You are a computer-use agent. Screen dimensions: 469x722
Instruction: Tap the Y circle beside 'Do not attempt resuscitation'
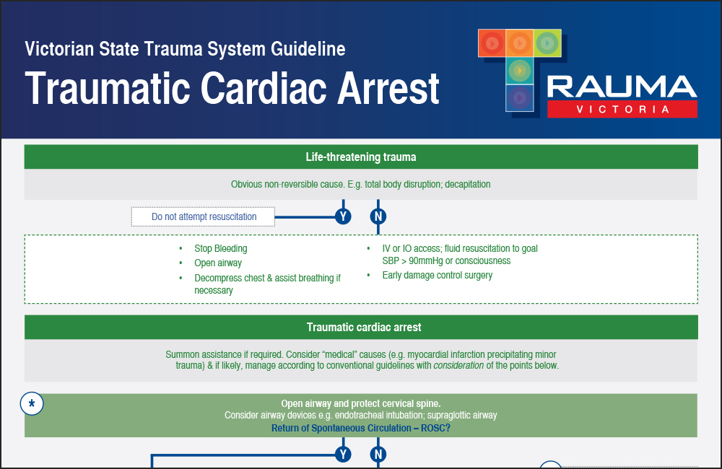click(343, 216)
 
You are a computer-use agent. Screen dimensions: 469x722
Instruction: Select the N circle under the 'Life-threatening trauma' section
click(378, 216)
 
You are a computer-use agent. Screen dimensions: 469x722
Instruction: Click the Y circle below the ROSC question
click(343, 454)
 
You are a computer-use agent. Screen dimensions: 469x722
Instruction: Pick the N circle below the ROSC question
click(378, 454)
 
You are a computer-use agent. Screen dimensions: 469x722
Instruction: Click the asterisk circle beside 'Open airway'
click(32, 404)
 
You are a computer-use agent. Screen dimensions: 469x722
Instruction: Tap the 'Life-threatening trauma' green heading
click(361, 157)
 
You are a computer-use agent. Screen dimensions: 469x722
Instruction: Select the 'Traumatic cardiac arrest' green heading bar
click(361, 327)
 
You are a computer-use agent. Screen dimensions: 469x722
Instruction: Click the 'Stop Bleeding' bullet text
click(221, 248)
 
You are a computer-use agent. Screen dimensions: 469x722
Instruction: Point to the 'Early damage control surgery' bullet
click(438, 275)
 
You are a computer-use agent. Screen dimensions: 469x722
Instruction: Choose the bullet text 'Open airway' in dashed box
click(218, 263)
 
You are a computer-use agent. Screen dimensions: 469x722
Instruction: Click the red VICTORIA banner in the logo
click(622, 110)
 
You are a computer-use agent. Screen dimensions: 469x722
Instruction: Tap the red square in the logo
click(492, 44)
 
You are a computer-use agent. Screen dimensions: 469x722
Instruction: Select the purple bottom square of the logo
click(520, 97)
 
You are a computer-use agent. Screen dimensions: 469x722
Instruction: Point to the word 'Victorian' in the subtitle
click(63, 49)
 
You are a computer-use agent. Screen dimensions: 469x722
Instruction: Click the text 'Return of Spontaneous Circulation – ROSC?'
click(361, 428)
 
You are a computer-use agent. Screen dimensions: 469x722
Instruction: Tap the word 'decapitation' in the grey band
click(467, 184)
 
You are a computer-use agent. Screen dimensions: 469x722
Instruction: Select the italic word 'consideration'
click(458, 365)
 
